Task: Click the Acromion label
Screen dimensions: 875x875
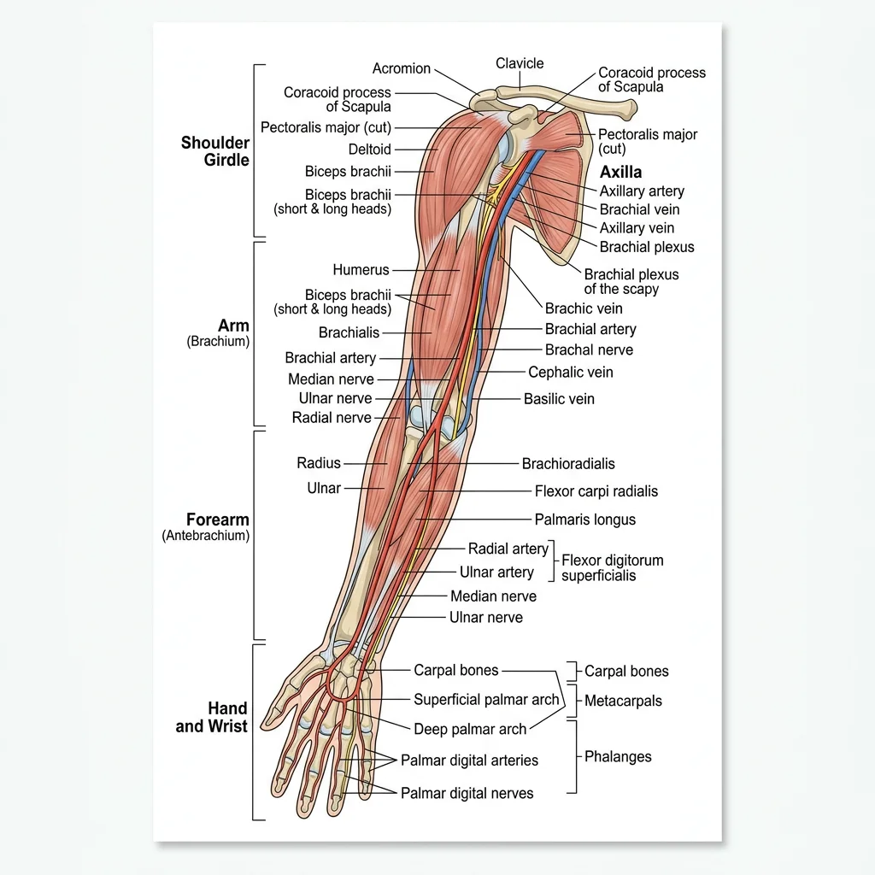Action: pyautogui.click(x=401, y=68)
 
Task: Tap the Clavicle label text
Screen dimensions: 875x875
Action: pyautogui.click(x=520, y=63)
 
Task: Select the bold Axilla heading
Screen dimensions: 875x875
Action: pyautogui.click(x=620, y=172)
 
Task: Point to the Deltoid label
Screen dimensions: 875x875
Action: pyautogui.click(x=369, y=150)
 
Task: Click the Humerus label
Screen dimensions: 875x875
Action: pyautogui.click(x=361, y=270)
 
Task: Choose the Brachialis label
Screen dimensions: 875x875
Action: pyautogui.click(x=349, y=332)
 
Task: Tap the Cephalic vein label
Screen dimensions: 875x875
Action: pyautogui.click(x=570, y=373)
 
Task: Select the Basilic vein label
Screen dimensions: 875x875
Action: pyautogui.click(x=559, y=399)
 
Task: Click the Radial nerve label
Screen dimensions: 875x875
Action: pyautogui.click(x=332, y=418)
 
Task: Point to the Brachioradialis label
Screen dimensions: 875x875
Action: pyautogui.click(x=568, y=464)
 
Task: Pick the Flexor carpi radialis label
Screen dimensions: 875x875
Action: pyautogui.click(x=596, y=491)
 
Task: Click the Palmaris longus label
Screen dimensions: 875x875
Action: pyautogui.click(x=584, y=520)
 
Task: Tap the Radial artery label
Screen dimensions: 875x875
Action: pyautogui.click(x=508, y=549)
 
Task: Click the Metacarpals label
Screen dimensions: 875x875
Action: pyautogui.click(x=623, y=702)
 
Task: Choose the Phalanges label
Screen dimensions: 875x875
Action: pyautogui.click(x=618, y=756)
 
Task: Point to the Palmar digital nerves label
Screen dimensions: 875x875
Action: pyautogui.click(x=467, y=794)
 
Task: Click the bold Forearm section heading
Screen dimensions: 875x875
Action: pyautogui.click(x=218, y=520)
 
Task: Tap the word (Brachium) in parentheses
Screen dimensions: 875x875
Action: pyautogui.click(x=218, y=342)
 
